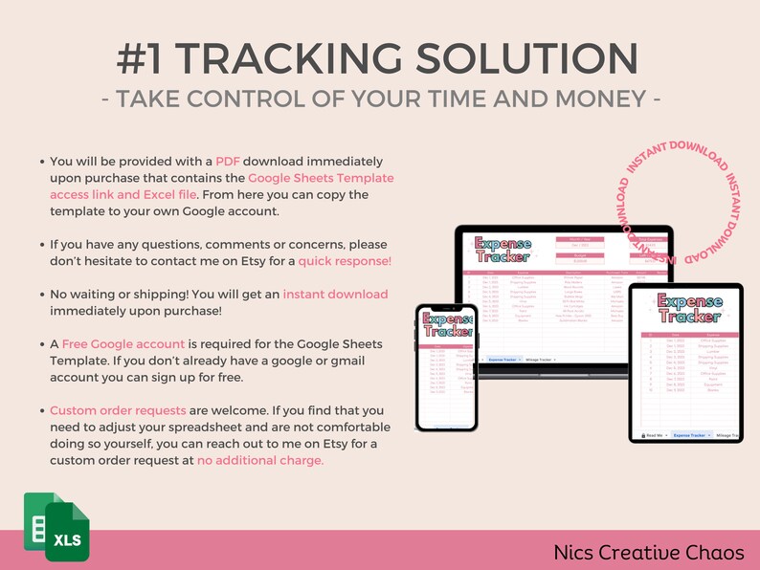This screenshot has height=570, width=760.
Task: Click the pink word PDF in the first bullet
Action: (x=227, y=161)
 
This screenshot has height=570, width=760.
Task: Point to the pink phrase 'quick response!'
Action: (x=345, y=260)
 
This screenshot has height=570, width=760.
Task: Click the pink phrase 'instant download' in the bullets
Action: (x=335, y=294)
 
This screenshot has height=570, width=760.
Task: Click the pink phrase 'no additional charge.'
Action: (x=260, y=459)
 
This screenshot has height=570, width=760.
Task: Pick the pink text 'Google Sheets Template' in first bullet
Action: (x=321, y=178)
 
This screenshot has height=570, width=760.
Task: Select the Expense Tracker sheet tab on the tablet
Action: (x=693, y=434)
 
